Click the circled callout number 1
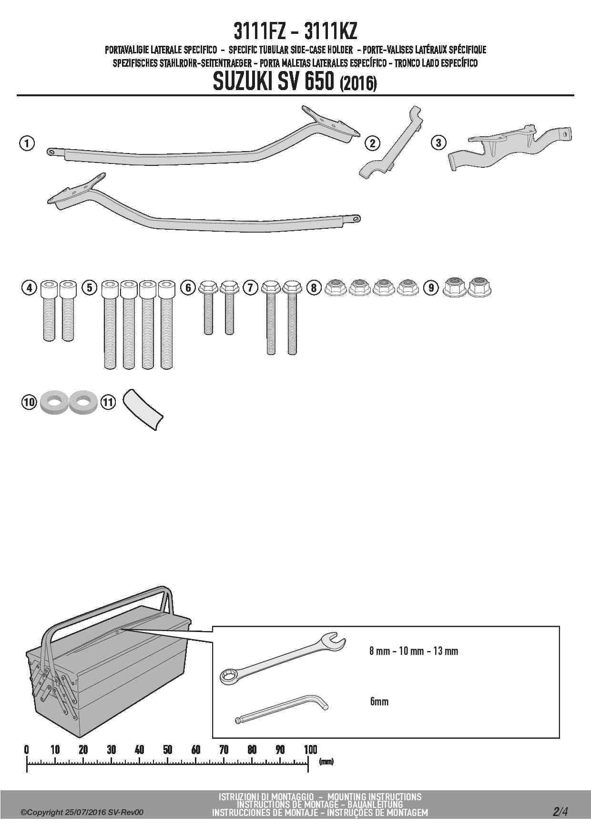pyautogui.click(x=27, y=143)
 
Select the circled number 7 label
pyautogui.click(x=250, y=287)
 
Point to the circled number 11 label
pyautogui.click(x=109, y=402)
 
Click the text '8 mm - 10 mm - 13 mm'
pyautogui.click(x=414, y=651)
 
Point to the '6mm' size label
pyautogui.click(x=379, y=702)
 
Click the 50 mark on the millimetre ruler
pyautogui.click(x=167, y=750)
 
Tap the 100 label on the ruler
pyautogui.click(x=310, y=750)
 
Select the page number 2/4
pyautogui.click(x=560, y=812)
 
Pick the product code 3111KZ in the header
pyautogui.click(x=330, y=32)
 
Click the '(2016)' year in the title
pyautogui.click(x=358, y=84)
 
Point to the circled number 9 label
pyautogui.click(x=431, y=287)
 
